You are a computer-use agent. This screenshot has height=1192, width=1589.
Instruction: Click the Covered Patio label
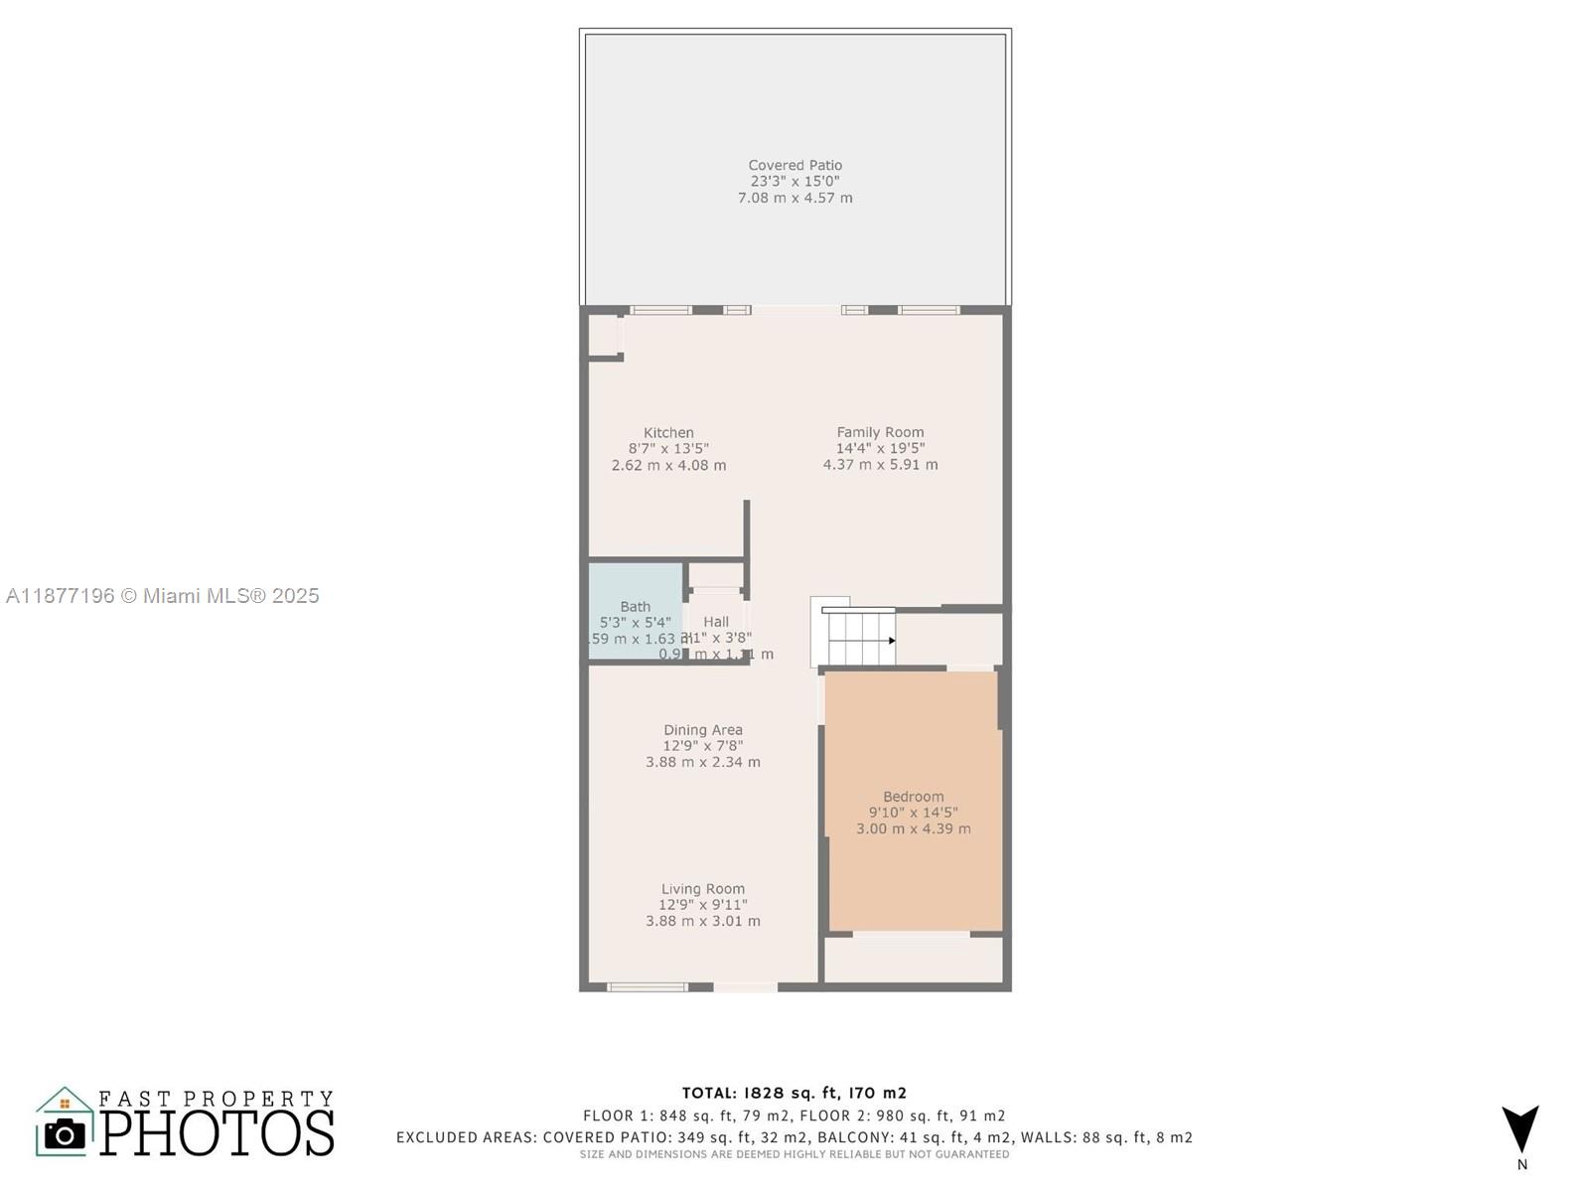pos(794,165)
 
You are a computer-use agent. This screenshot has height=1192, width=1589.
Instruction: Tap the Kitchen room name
pos(668,432)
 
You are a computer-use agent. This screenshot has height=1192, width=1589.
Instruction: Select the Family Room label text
pos(880,432)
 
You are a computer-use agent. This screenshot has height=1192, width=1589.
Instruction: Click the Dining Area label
pos(703,730)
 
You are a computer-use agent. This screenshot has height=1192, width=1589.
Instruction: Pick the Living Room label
pos(703,889)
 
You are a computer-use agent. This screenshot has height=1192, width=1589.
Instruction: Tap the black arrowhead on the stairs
pos(892,641)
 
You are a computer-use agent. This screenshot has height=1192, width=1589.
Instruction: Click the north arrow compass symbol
pos(1520,1129)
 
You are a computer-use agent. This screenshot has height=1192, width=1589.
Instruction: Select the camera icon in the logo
pos(66,1134)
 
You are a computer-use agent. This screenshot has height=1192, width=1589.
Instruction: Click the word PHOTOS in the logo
pos(217,1133)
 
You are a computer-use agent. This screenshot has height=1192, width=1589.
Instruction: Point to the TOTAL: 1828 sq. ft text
pos(794,1093)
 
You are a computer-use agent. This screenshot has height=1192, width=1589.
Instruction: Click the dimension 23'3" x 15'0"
pos(794,182)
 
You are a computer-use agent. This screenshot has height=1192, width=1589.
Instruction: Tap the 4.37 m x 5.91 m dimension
pos(880,464)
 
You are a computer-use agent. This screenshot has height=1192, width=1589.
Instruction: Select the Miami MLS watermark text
pos(163,596)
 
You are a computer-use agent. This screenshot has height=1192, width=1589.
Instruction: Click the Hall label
pos(716,622)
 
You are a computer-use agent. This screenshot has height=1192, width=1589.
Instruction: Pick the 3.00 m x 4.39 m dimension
pos(913,828)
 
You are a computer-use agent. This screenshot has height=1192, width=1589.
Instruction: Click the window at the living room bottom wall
pos(648,987)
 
